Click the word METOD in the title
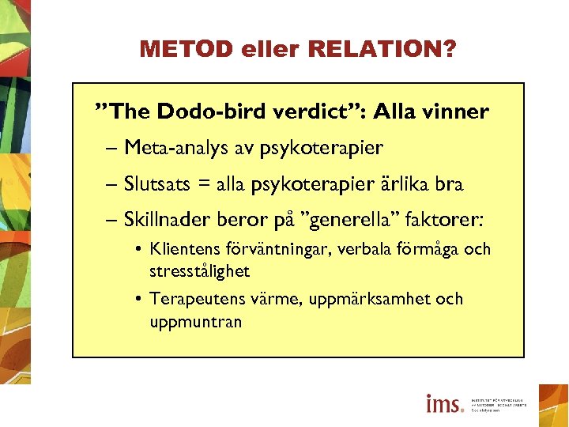coord(178,50)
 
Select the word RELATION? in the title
coord(382,50)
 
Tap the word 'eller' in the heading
coord(263,50)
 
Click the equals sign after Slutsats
coord(205,185)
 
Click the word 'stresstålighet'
coord(199,271)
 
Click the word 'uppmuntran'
coord(195,322)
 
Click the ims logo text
coord(444,403)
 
